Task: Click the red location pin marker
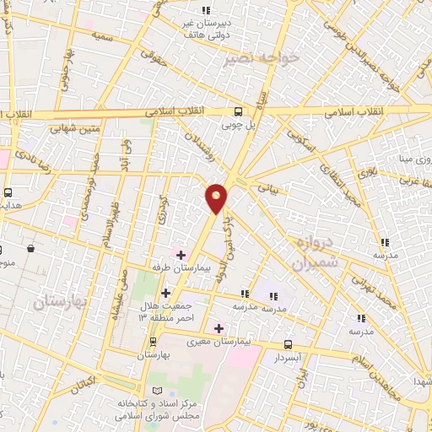[x=217, y=197]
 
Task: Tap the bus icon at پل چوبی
[x=239, y=111]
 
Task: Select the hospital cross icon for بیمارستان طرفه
[x=181, y=253]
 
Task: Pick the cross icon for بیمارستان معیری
[x=219, y=327]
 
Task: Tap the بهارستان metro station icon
[x=153, y=342]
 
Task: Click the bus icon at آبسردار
[x=289, y=343]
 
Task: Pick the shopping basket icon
[x=31, y=249]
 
